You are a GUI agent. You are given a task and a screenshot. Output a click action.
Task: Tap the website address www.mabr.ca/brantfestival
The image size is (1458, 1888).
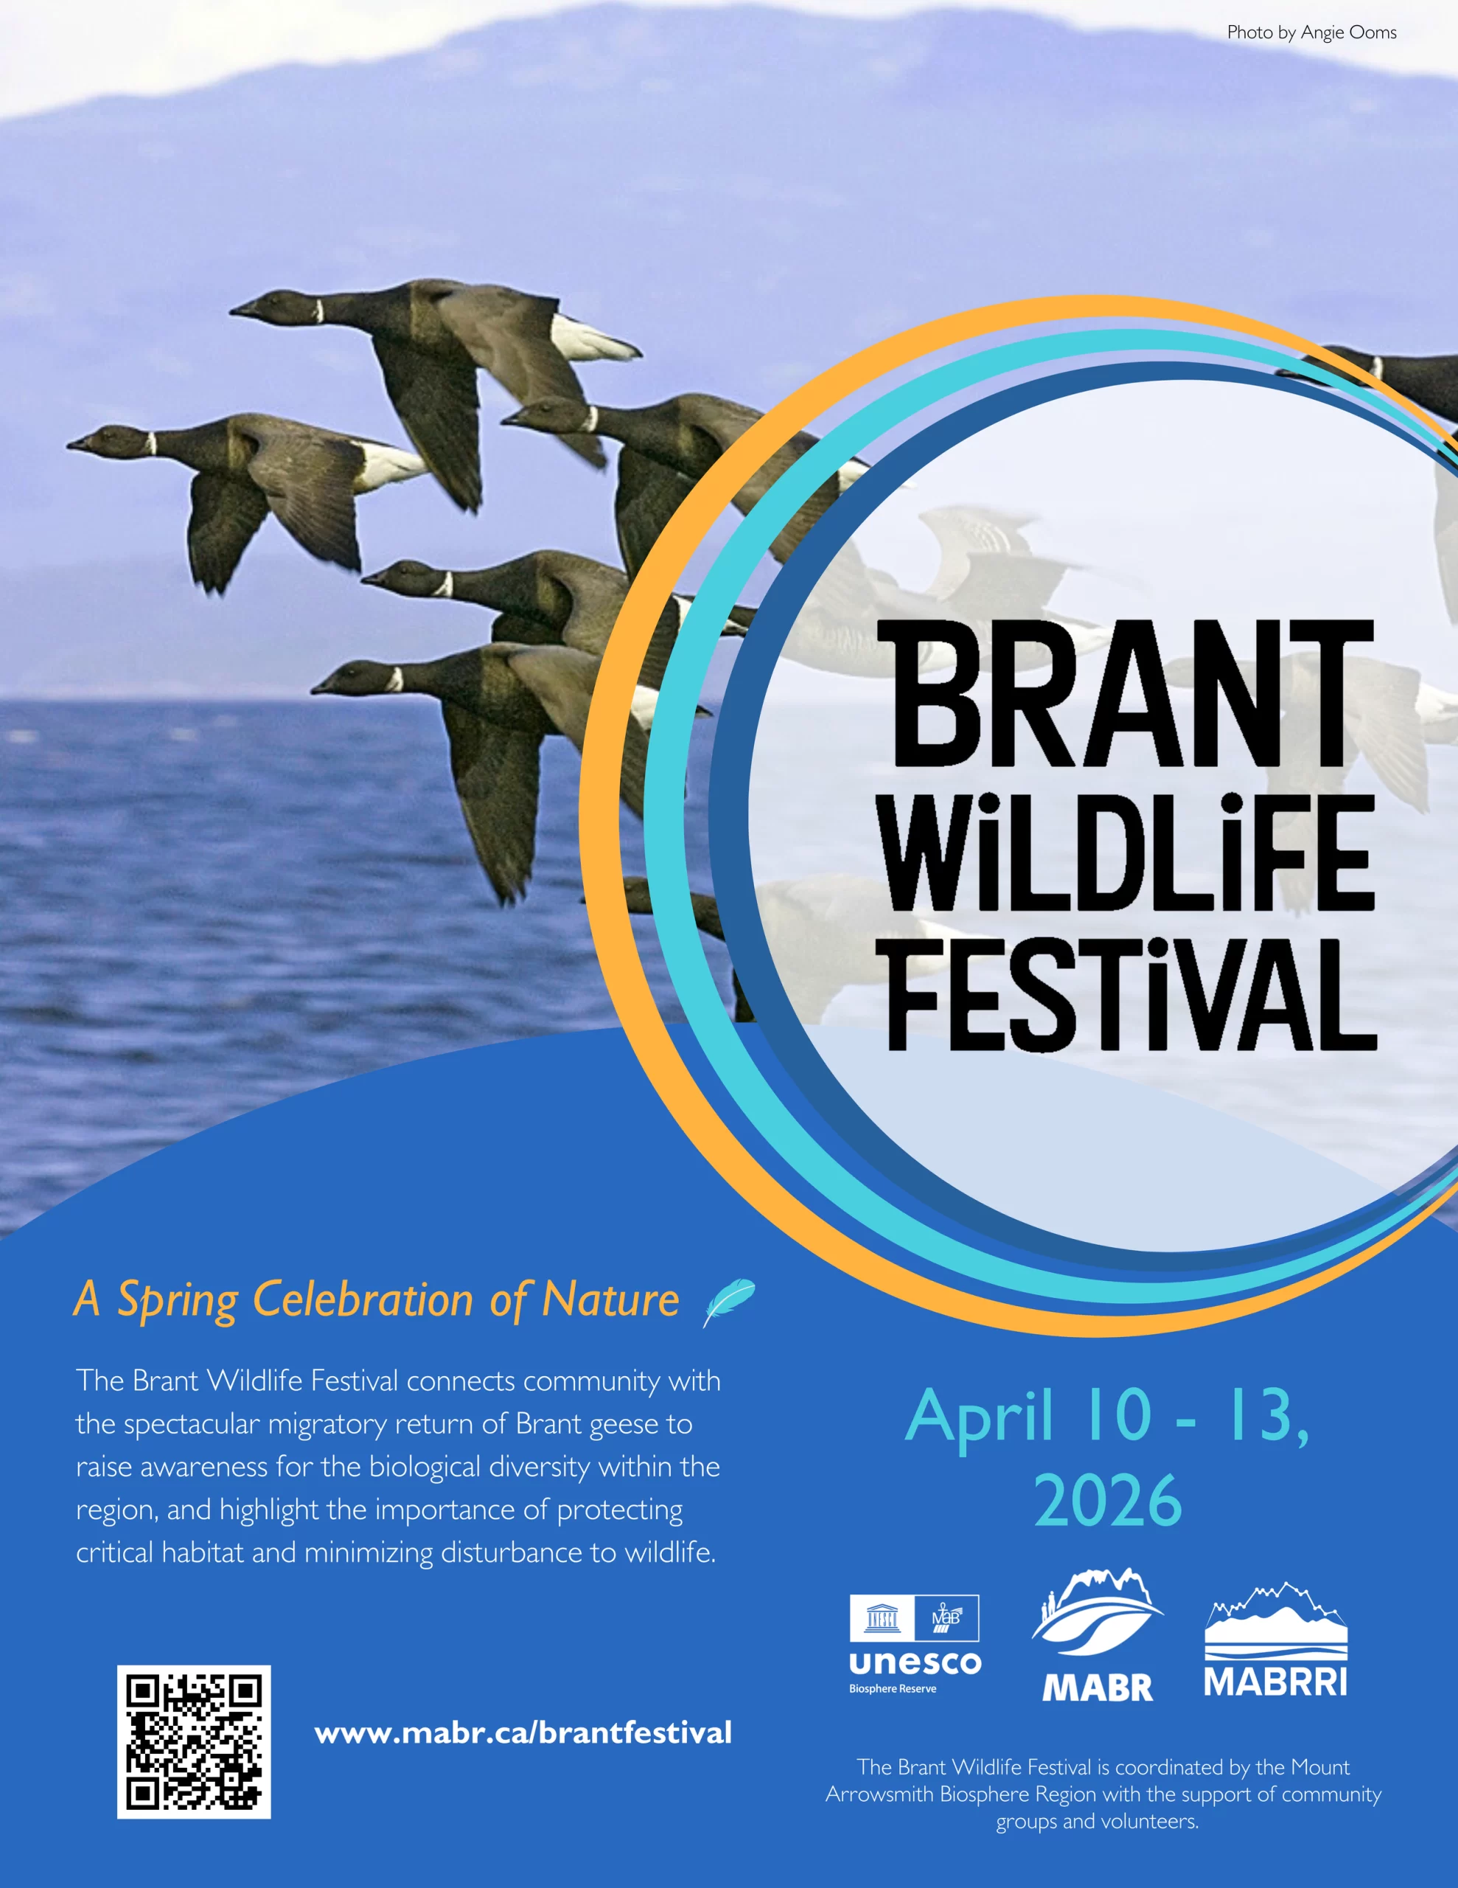click(x=523, y=1733)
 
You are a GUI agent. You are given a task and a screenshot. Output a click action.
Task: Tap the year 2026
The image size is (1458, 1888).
click(x=1108, y=1502)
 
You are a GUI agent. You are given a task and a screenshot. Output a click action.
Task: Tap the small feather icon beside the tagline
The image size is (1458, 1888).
click(x=728, y=1302)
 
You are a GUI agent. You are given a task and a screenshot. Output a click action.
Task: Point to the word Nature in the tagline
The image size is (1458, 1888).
click(x=610, y=1299)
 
